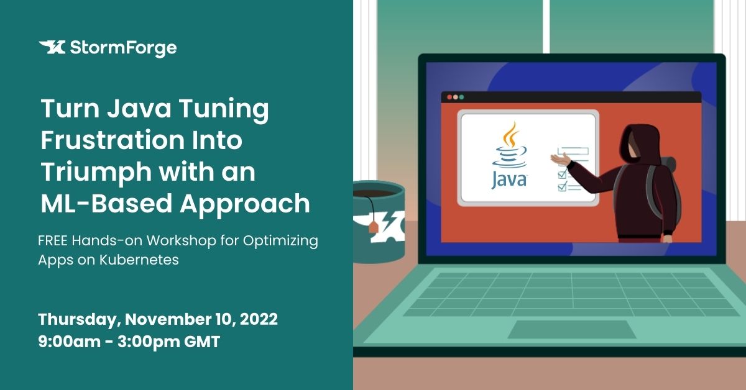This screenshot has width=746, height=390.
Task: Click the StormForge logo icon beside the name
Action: click(x=52, y=47)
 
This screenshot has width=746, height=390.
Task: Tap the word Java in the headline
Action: click(x=139, y=109)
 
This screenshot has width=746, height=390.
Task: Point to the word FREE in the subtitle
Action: click(x=53, y=240)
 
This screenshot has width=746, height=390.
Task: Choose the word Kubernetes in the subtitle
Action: click(x=139, y=260)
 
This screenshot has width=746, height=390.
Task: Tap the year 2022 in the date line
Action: click(x=259, y=319)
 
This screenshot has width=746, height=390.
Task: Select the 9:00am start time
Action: click(x=69, y=342)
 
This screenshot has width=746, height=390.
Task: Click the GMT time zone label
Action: click(x=202, y=342)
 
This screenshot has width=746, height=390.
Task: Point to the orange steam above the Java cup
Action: click(x=510, y=135)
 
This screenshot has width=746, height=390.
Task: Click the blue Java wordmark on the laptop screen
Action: click(x=509, y=180)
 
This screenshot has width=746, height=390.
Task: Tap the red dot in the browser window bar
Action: click(x=449, y=97)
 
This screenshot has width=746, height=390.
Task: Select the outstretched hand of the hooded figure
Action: click(x=561, y=159)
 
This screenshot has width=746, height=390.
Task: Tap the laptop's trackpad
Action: click(x=571, y=329)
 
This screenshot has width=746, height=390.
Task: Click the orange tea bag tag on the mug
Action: click(x=373, y=228)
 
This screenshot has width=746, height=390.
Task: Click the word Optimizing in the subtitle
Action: click(x=280, y=241)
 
